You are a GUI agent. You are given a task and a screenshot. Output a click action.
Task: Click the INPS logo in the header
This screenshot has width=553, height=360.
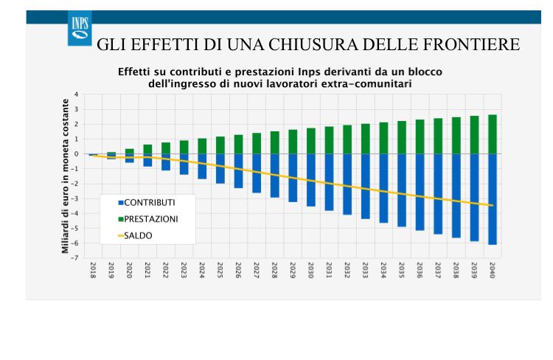point(80,28)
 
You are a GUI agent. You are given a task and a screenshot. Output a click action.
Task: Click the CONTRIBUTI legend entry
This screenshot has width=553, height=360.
point(150,202)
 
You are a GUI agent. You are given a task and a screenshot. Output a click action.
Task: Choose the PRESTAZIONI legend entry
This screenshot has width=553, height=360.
point(150,219)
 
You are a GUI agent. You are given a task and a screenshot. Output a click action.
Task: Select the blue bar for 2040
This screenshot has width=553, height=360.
point(492,199)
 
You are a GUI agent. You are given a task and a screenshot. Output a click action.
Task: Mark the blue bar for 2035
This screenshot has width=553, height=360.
point(401,190)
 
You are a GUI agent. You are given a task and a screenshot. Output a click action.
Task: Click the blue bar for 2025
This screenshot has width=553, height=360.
point(220,168)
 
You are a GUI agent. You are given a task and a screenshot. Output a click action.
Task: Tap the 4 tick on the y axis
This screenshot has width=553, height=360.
point(76,94)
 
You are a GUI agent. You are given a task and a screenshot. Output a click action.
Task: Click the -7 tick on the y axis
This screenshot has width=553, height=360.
point(75,258)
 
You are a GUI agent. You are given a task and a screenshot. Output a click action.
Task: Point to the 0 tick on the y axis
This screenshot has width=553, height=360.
point(76,154)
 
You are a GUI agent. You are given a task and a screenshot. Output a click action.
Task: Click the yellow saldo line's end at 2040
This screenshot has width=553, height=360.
point(492,205)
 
